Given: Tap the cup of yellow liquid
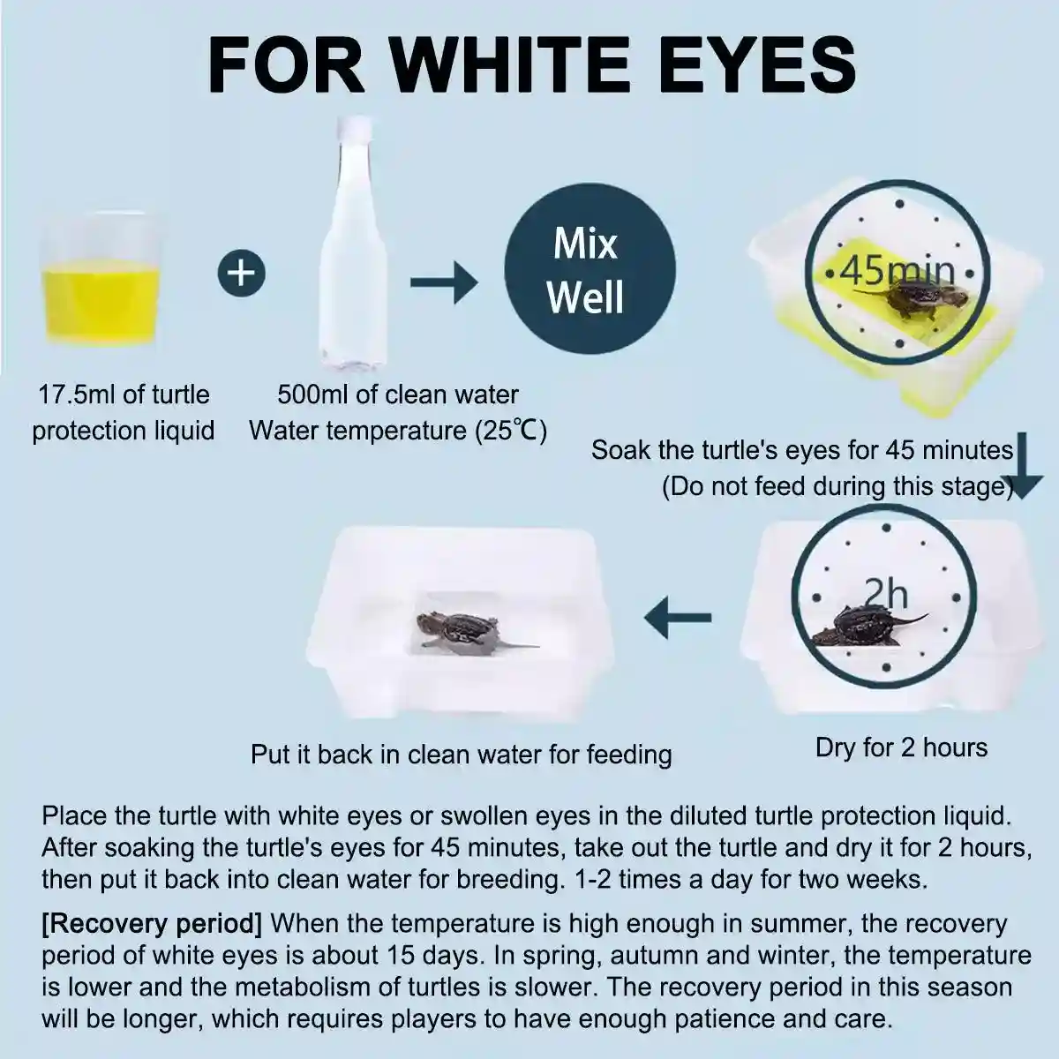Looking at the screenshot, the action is coord(100,281).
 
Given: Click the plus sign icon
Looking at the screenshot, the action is coord(241,273).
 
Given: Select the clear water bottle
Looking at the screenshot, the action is coord(353,241).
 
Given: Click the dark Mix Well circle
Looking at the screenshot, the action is coord(590,269).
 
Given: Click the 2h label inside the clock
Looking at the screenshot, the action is coord(886,594).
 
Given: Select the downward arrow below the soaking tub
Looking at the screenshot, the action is coord(1022,465).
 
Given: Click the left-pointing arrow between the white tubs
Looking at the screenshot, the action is coord(678,617).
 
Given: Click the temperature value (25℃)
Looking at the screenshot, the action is coord(511,431).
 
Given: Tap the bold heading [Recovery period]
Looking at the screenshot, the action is coord(152,924).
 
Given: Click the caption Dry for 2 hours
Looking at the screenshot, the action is coord(901,747).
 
